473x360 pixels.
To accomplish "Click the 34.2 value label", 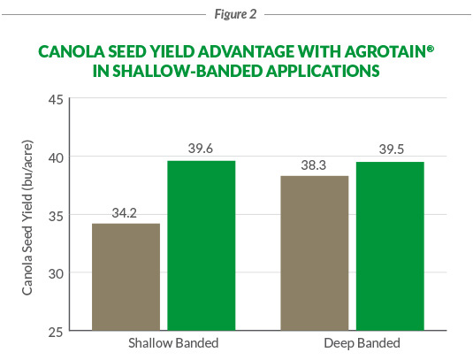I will pyautogui.click(x=124, y=213).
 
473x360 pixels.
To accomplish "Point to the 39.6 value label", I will pyautogui.click(x=202, y=149).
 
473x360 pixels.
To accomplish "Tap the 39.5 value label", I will pyautogui.click(x=390, y=149).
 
